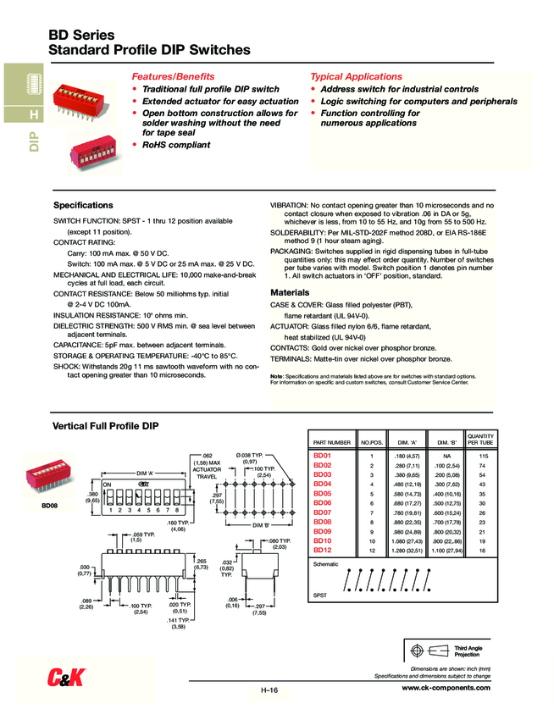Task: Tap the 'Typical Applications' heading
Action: pyautogui.click(x=357, y=76)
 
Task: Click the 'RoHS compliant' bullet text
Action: pyautogui.click(x=175, y=145)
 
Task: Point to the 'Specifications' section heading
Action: pyautogui.click(x=83, y=205)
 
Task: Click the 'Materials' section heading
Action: pyautogui.click(x=291, y=292)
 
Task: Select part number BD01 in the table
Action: pyautogui.click(x=322, y=457)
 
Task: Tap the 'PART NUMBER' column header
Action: pyautogui.click(x=332, y=443)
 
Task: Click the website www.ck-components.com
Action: pyautogui.click(x=445, y=689)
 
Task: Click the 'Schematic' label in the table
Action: pyautogui.click(x=326, y=563)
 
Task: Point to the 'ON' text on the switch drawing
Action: pyautogui.click(x=108, y=483)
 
